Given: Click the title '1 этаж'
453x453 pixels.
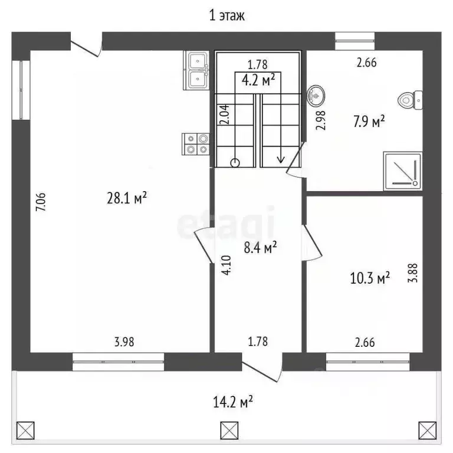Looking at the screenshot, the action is (x=226, y=15).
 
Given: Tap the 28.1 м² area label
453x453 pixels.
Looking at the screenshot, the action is (x=127, y=198).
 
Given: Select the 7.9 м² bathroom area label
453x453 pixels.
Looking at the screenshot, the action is (x=369, y=122).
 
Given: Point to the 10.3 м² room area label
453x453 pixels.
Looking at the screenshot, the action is (x=370, y=278).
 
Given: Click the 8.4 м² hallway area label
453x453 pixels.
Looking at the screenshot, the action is (x=260, y=247).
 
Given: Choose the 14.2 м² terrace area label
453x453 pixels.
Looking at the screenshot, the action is (x=233, y=402).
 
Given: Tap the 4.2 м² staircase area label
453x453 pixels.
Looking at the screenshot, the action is (x=258, y=80).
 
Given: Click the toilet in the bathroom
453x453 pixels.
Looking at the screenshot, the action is (x=411, y=100).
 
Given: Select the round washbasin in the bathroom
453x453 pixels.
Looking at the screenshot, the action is (x=316, y=96).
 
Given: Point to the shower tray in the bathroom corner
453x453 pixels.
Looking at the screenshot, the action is (x=403, y=171).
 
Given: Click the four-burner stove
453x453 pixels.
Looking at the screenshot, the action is (x=196, y=144).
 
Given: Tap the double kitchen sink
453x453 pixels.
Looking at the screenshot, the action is (x=196, y=71).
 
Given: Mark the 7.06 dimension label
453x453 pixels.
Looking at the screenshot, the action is (x=41, y=202).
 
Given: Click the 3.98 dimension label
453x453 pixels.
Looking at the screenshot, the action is (x=124, y=342).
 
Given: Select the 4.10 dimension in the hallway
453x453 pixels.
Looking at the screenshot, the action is (x=226, y=265).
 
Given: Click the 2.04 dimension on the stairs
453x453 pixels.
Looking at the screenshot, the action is (x=225, y=114).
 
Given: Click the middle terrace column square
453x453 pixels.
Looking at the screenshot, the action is (x=229, y=431).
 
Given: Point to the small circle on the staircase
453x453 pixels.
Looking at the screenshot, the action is (x=235, y=163).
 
